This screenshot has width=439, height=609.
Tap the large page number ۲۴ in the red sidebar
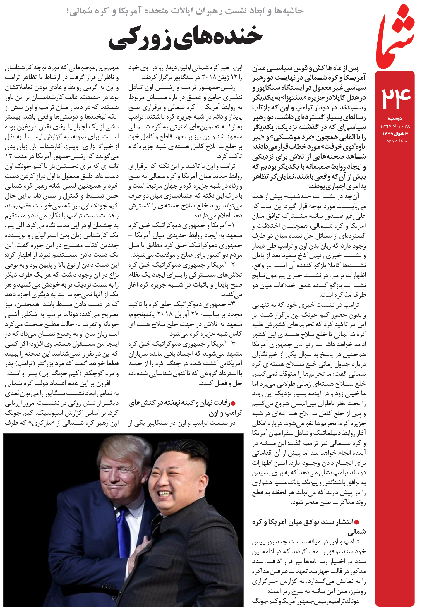396,97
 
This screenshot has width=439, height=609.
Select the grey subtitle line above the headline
185,11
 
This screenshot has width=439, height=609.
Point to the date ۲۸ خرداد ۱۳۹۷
395,126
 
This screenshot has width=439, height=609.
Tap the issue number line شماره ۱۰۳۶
395,141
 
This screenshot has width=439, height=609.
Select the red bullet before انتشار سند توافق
356,521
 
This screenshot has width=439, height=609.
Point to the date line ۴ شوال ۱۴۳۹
395,134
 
